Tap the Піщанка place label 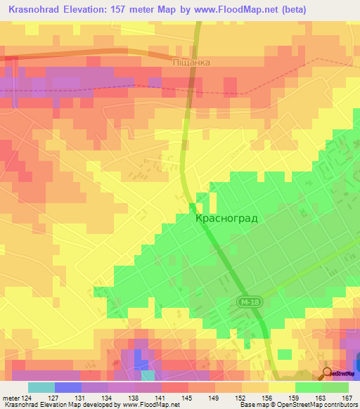[x=191, y=63]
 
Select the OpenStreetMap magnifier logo [x=328, y=374]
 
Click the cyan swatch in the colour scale [x=41, y=387]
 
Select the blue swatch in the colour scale [x=68, y=387]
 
